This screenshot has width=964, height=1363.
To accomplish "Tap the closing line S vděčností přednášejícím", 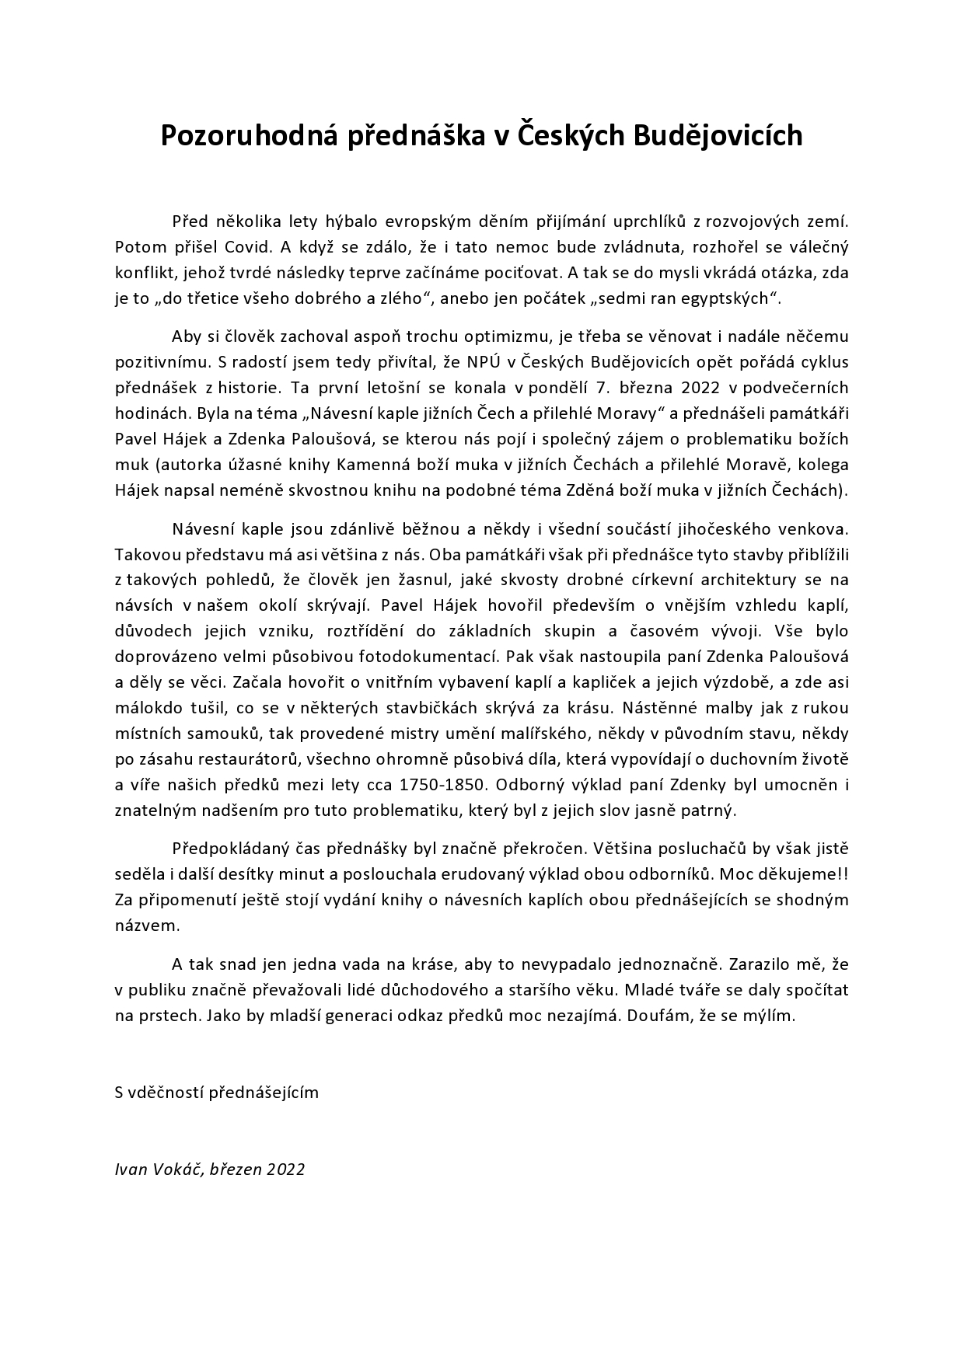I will [x=217, y=1092].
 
